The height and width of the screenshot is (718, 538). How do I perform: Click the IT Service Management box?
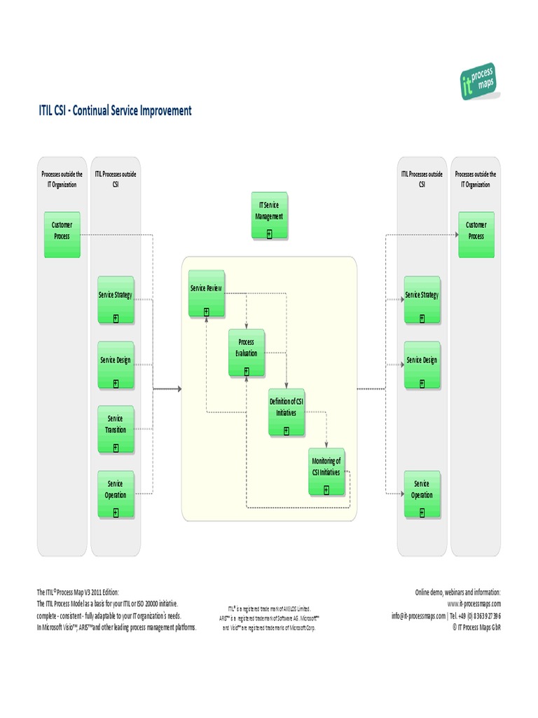pos(269,216)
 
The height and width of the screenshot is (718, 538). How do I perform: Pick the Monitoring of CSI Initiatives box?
pos(327,471)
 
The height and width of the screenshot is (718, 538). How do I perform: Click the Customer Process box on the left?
pos(62,234)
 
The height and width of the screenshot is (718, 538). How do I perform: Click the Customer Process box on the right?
pos(476,234)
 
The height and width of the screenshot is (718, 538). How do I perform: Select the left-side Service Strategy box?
pos(116,300)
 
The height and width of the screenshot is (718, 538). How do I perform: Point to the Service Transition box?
pos(116,429)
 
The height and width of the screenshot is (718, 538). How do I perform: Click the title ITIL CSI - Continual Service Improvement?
pos(114,111)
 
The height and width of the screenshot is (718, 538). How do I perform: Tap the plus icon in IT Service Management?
pos(269,233)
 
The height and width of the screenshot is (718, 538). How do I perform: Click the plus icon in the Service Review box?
pos(206,311)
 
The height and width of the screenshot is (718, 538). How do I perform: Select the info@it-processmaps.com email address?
pos(418,616)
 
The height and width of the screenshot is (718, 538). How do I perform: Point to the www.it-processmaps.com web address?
pos(474,604)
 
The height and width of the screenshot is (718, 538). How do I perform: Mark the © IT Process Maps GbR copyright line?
pos(476,628)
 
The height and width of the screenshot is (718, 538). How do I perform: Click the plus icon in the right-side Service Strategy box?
pos(422,318)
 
